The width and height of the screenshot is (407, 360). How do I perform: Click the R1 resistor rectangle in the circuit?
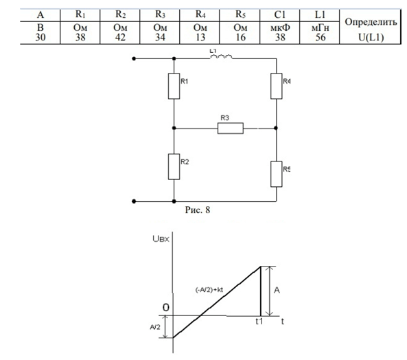[x=174, y=86]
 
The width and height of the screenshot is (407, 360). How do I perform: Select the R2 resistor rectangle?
[x=174, y=167]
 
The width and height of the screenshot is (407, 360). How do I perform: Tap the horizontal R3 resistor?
[x=230, y=128]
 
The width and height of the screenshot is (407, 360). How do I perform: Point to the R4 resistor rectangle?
[x=277, y=86]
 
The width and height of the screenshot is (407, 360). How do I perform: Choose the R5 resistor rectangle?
[x=277, y=174]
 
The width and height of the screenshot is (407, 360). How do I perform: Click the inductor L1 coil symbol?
[x=221, y=57]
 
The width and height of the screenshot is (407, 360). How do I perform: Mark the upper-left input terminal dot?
[x=134, y=58]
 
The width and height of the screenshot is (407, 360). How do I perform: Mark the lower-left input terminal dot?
[x=134, y=201]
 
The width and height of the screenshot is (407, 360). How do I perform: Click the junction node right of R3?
[x=276, y=128]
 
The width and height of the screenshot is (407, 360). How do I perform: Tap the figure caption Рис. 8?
[x=198, y=210]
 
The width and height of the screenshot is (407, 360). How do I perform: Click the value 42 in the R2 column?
[x=120, y=37]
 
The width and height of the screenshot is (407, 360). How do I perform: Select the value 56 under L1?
[x=321, y=37]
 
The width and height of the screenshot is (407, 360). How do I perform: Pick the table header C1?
[x=280, y=14]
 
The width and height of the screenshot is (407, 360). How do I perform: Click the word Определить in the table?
[x=371, y=23]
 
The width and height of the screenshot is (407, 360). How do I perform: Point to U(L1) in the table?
[x=371, y=38]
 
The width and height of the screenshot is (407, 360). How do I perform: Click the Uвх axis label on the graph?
[x=161, y=238]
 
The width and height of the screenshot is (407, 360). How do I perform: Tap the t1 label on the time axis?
[x=259, y=322]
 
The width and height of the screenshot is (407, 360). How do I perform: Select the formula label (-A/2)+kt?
[x=209, y=290]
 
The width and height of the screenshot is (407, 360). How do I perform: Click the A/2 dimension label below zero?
[x=155, y=327]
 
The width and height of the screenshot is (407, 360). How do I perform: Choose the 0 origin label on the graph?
[x=166, y=307]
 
